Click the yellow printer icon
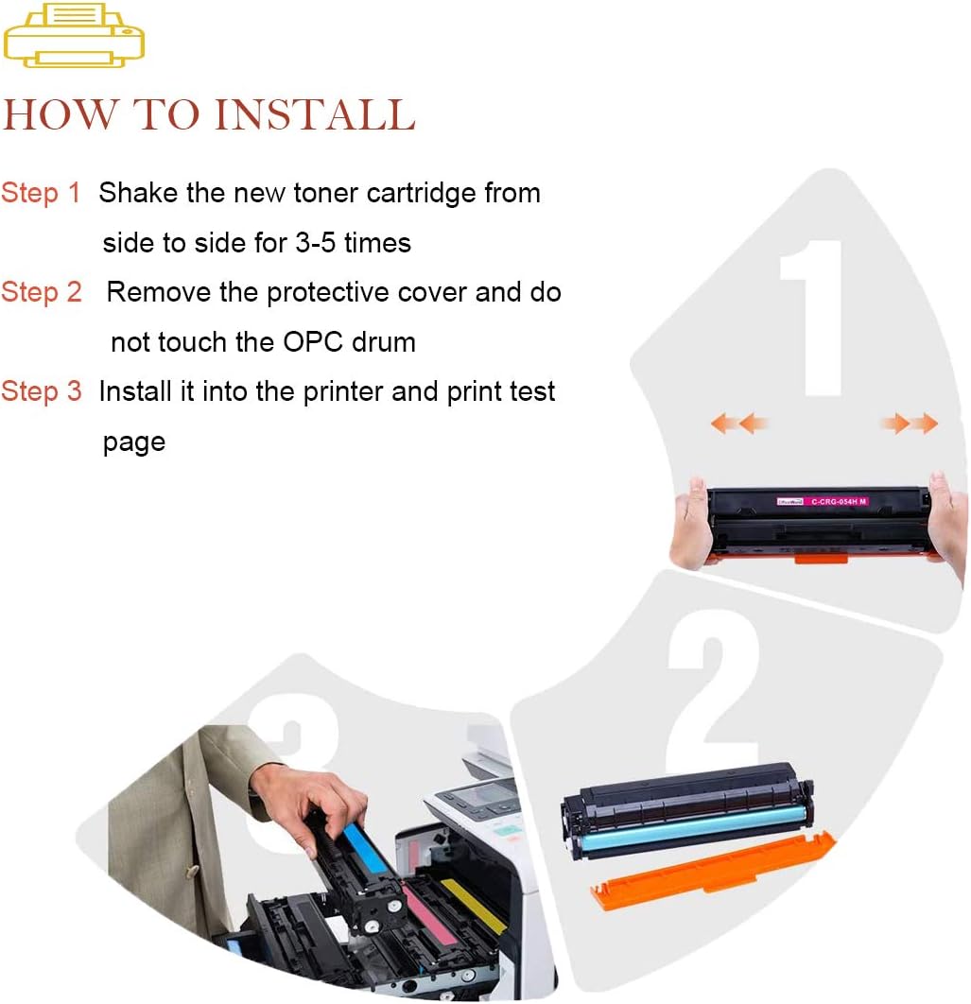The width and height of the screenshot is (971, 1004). coord(74,35)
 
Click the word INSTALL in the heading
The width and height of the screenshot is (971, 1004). coord(315,115)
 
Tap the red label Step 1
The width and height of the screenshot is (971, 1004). coord(41,193)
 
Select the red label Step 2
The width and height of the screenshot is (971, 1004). coord(41,292)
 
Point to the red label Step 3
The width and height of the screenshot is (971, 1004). coord(41,391)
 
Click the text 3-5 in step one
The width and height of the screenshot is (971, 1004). coord(315,243)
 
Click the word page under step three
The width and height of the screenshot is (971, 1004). coord(134,442)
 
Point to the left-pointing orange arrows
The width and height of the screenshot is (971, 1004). coord(739,423)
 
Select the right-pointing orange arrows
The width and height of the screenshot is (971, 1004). coord(910,423)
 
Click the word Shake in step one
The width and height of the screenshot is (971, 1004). coord(138,193)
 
